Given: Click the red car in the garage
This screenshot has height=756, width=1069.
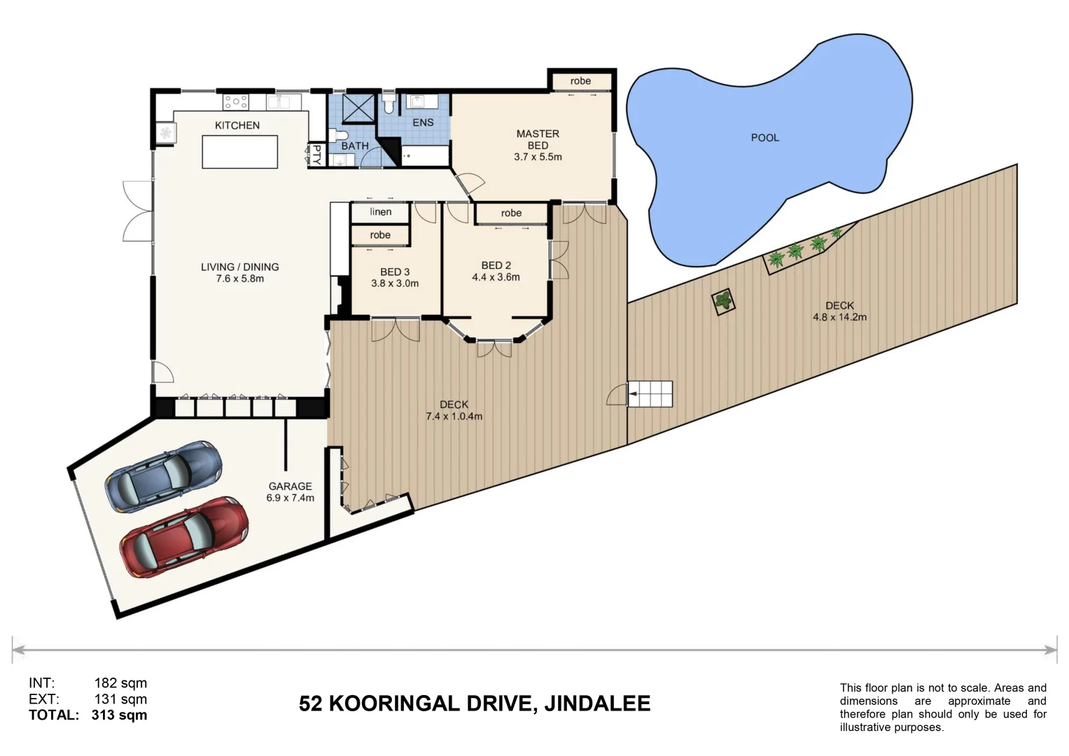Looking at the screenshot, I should (183, 537).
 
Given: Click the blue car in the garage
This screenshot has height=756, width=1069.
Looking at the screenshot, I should (163, 476).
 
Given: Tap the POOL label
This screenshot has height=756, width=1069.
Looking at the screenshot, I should (764, 138).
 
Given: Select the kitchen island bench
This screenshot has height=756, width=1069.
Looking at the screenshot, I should (239, 152).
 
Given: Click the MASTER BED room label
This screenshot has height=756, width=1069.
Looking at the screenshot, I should (538, 139).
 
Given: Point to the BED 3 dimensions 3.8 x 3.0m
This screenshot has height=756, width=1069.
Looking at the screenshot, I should (395, 283).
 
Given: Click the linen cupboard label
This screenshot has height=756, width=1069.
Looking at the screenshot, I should (380, 212).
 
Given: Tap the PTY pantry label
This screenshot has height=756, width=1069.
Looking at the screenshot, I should (316, 155).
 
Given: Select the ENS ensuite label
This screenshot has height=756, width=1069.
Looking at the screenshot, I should (423, 122).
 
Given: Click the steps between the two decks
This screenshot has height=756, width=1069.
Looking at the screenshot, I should (650, 393).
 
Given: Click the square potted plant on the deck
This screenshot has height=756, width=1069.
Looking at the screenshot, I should (724, 302).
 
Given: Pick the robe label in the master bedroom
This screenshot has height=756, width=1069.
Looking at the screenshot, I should (580, 81).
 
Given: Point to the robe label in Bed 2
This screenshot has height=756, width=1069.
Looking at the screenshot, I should (511, 213).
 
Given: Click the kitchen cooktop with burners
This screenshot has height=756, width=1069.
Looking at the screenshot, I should (236, 102).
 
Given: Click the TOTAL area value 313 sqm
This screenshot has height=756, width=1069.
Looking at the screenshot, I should (119, 715).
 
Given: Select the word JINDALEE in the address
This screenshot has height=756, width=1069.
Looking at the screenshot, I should (597, 703).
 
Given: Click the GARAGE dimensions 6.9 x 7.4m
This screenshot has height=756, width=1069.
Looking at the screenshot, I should (290, 498).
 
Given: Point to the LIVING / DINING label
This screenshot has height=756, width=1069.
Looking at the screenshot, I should (239, 267).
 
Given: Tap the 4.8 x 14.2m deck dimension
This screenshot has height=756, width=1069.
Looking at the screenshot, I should (839, 317).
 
